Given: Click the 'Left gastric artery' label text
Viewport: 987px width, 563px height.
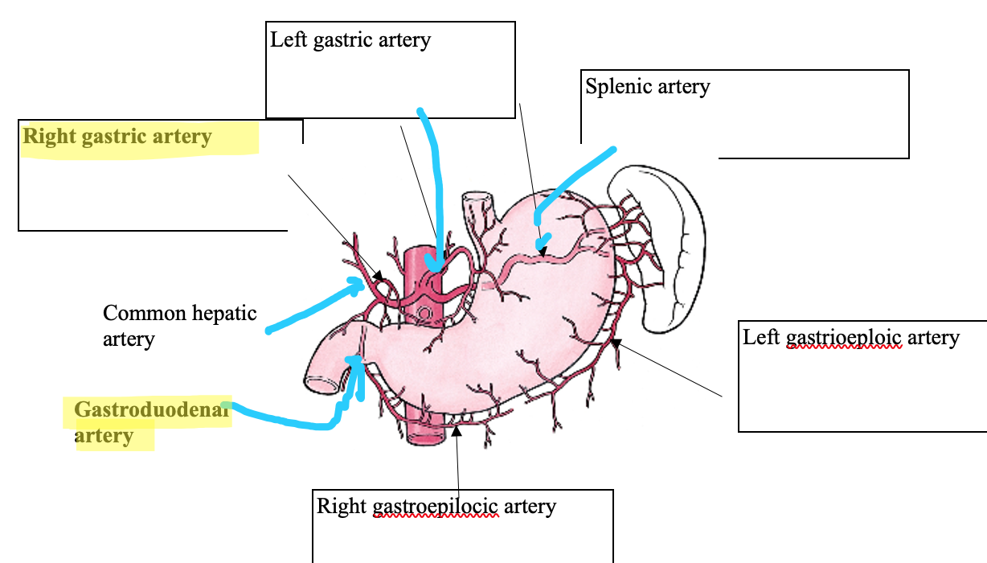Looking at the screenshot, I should [350, 40].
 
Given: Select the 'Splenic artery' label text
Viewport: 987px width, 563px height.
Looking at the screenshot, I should [648, 86].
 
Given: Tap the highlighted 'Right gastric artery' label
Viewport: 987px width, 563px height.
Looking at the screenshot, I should [117, 136].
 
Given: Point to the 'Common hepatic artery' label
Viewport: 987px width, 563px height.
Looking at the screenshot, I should [179, 325].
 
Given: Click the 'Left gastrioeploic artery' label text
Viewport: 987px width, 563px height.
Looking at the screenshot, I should [850, 337].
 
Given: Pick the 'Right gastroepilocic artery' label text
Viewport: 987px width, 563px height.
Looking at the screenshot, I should [436, 507].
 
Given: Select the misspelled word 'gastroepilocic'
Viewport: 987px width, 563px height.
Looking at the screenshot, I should [436, 508].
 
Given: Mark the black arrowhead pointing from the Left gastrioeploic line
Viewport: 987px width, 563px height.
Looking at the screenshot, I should [616, 343].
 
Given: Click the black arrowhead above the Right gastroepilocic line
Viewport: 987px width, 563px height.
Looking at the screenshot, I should [457, 430].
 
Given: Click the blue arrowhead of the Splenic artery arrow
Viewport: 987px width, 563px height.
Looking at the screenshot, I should [543, 245].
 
